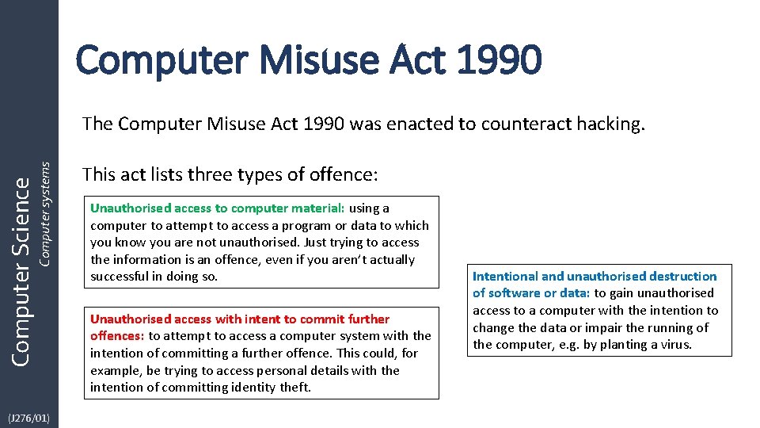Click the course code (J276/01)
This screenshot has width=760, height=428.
point(28,417)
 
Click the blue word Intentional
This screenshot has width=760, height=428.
point(505,277)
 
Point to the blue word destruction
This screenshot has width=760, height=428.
point(681,277)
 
